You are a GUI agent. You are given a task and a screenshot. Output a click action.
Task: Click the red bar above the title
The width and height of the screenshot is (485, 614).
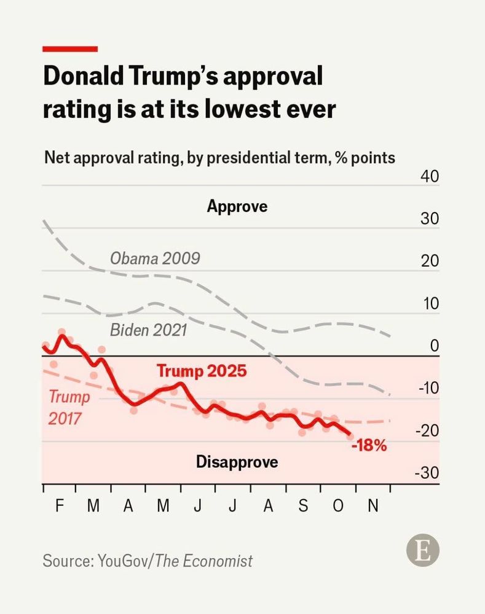point(69,49)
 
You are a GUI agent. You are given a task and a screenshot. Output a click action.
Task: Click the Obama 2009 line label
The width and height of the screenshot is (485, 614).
point(155,258)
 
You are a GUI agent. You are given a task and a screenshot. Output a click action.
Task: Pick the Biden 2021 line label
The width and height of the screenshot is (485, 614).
point(148,330)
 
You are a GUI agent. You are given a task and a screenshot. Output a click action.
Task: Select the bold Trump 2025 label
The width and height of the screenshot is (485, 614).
point(202,371)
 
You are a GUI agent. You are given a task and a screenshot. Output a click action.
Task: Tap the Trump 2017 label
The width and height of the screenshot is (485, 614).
point(69,407)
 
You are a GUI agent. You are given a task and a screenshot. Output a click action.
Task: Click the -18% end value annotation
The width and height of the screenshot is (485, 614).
point(369,446)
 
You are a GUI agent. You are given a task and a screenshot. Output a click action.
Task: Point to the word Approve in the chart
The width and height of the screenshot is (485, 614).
point(237,206)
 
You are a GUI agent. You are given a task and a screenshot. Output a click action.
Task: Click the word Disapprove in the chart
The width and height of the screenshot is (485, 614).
point(237,462)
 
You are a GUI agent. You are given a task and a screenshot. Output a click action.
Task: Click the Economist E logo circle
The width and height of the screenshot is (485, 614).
point(423,550)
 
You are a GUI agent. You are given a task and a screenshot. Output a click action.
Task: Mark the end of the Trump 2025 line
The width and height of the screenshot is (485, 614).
point(350,435)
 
